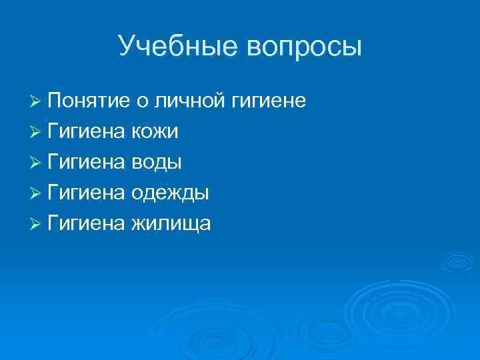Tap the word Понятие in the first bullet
88,101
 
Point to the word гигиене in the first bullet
269,101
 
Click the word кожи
154,132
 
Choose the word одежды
170,193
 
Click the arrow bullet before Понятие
37,102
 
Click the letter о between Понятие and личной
141,103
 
